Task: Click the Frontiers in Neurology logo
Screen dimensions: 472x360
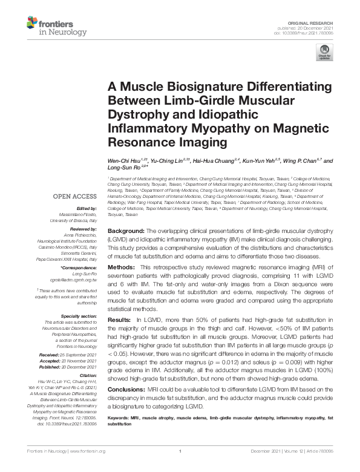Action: point(48,25)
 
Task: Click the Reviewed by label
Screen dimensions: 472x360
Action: point(81,228)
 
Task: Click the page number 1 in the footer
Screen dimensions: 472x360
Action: point(180,468)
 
